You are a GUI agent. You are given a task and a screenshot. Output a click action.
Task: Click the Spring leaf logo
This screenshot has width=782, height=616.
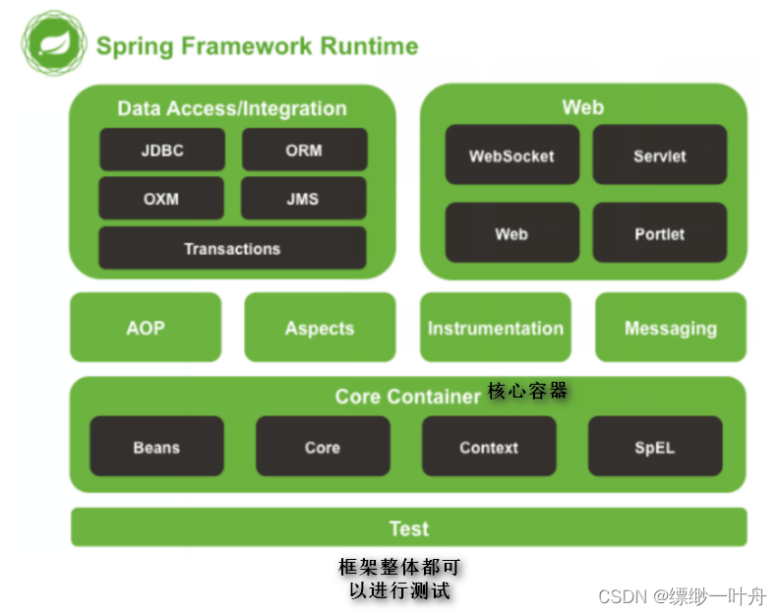coord(54,43)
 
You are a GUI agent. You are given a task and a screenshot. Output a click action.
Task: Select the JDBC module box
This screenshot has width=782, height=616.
coord(162,150)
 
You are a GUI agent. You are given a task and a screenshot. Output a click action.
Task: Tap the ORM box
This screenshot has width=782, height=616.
coord(304,150)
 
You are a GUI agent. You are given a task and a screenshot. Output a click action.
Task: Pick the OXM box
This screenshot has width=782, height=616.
coord(161,199)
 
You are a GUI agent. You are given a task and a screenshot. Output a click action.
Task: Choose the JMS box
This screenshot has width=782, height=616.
coord(303,199)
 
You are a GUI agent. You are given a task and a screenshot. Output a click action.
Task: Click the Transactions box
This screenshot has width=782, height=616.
coord(232,248)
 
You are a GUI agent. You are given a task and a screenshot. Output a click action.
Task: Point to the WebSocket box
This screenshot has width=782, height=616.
coord(512,154)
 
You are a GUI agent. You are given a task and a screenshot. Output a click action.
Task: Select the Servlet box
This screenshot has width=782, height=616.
coord(660,154)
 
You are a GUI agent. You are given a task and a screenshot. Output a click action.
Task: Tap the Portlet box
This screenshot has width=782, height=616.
coord(660,232)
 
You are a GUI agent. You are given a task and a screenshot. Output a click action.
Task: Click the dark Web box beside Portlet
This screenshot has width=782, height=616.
coord(512,232)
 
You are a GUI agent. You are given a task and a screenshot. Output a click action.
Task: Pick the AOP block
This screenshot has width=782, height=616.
coord(146,328)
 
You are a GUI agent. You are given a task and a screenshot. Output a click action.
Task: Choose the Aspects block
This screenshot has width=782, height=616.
coord(321,328)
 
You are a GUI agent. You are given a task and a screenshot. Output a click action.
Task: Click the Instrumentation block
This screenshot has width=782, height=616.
coord(496,328)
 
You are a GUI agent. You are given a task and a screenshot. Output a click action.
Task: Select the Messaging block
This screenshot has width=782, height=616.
coord(671,328)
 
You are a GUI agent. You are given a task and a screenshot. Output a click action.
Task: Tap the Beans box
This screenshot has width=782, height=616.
coord(156,446)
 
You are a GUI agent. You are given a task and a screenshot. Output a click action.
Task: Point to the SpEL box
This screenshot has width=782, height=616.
coord(655,446)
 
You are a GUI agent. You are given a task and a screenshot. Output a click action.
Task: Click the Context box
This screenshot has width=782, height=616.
coord(489,446)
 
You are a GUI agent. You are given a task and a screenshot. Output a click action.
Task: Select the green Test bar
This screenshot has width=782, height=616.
coord(409,527)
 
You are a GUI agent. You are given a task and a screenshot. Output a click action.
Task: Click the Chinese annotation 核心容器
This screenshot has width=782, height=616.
coord(527,391)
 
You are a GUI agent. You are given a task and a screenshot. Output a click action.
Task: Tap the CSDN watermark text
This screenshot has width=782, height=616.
coord(682,596)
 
